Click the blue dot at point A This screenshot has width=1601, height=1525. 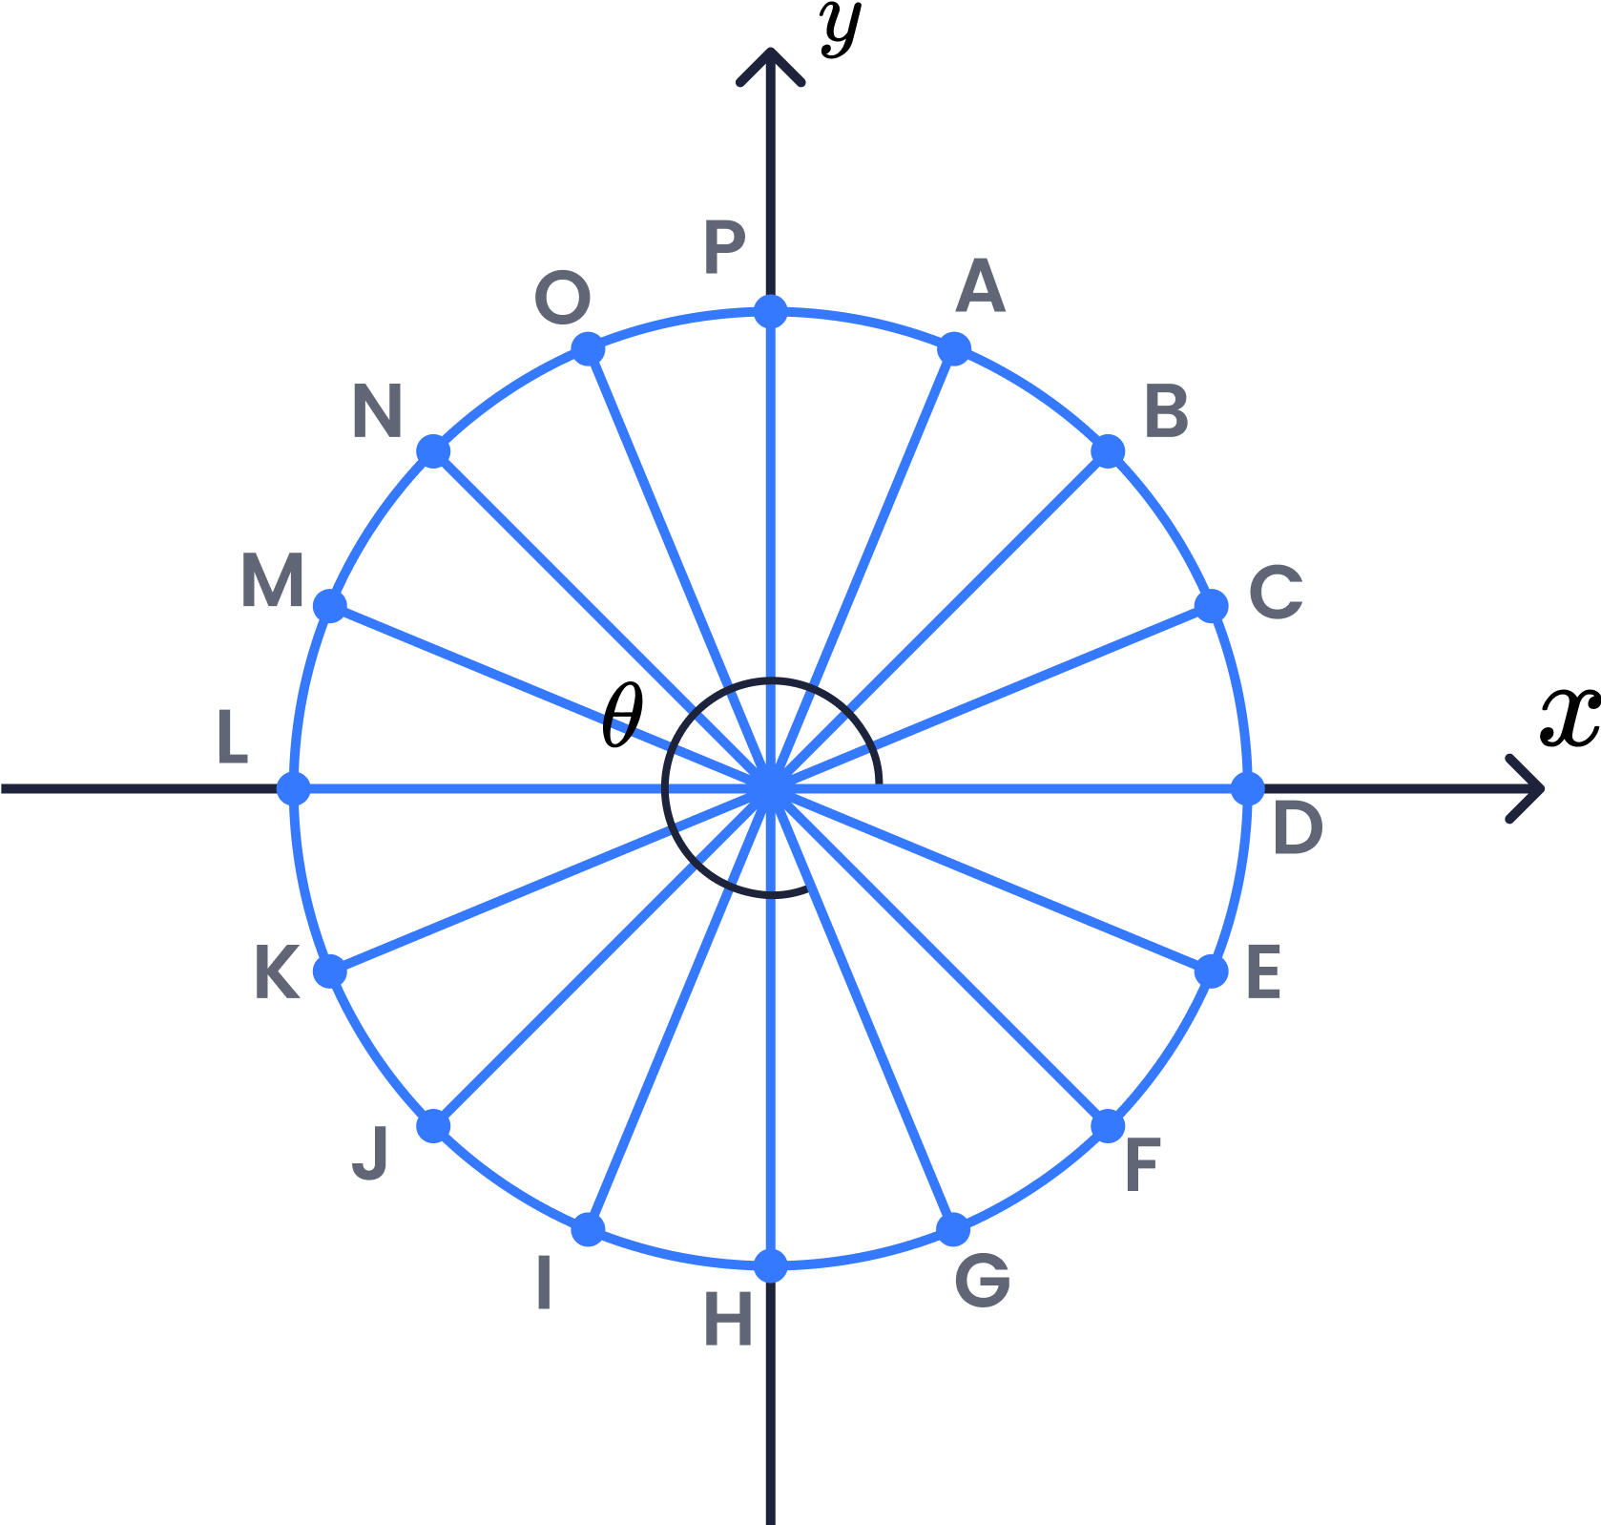[x=954, y=349]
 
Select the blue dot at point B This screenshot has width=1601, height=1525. [x=1108, y=451]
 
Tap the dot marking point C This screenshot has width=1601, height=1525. [x=1212, y=606]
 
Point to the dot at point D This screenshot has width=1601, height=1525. [x=1248, y=789]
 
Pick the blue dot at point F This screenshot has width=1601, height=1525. [x=1108, y=1126]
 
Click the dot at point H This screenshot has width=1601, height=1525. [x=771, y=1266]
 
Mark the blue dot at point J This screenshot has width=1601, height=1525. [x=434, y=1126]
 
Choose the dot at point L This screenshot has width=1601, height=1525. [x=294, y=789]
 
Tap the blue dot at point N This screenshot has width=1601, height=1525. [x=434, y=451]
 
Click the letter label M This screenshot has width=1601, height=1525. [x=272, y=580]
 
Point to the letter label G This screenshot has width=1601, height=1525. [x=983, y=1280]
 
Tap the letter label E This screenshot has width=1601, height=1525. [x=1263, y=972]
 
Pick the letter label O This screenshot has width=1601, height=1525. [x=563, y=298]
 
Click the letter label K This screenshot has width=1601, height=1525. [x=277, y=972]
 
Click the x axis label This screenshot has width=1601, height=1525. [x=1570, y=717]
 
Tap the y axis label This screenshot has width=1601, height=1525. [x=840, y=29]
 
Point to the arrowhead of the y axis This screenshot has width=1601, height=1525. [x=771, y=67]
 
